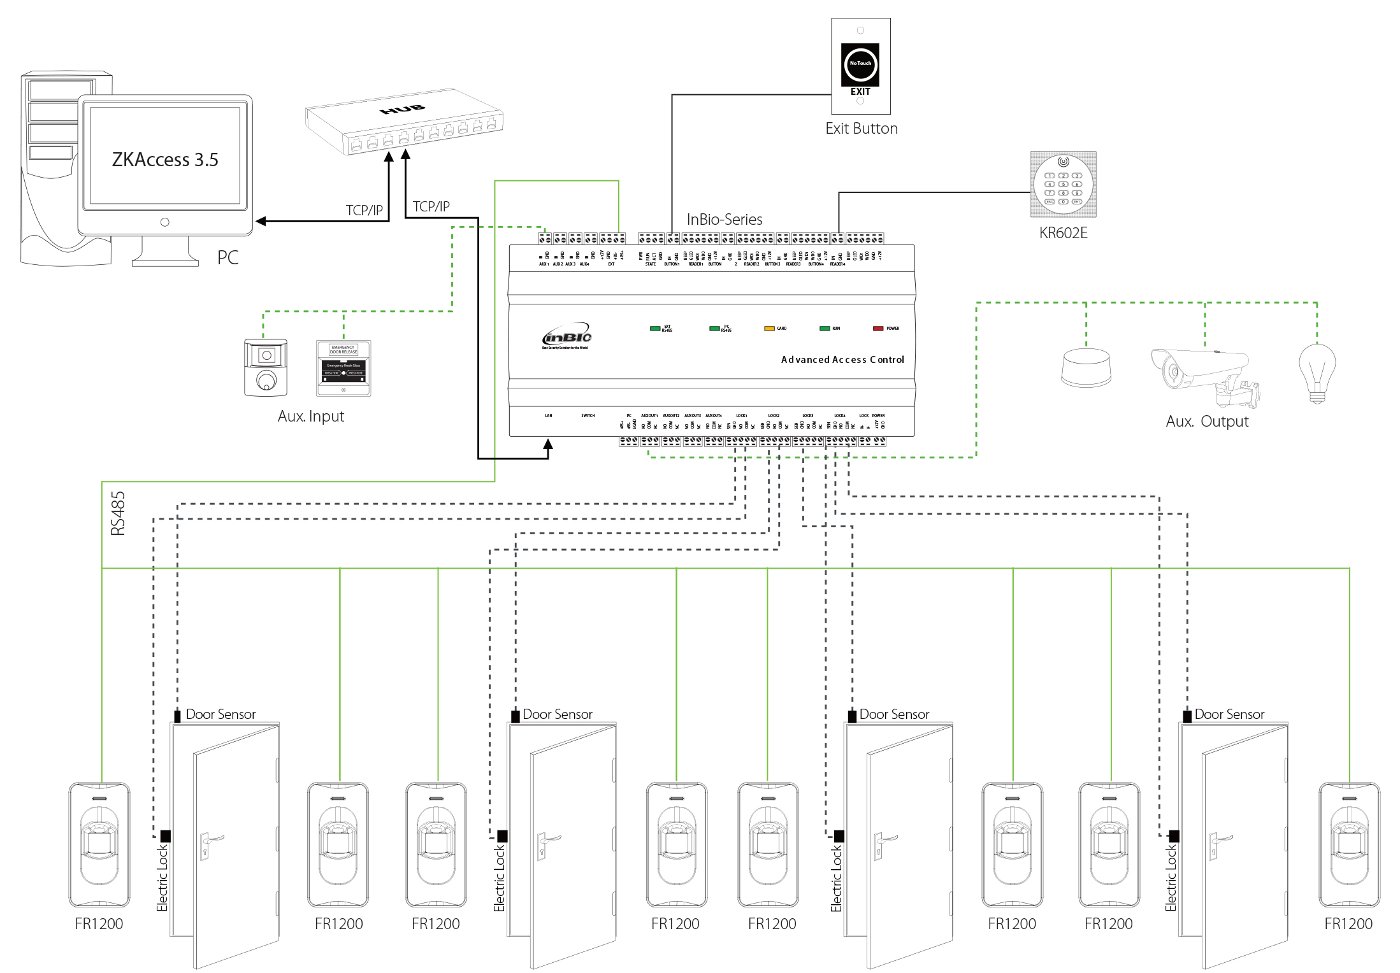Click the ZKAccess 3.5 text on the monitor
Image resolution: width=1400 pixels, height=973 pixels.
point(165,159)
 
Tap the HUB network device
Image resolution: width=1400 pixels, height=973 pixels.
point(404,122)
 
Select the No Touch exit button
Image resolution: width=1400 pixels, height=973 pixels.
point(860,64)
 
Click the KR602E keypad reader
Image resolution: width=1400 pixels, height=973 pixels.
point(1063,184)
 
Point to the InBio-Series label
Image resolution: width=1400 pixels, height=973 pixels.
point(725,220)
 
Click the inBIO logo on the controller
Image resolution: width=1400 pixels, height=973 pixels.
point(566,337)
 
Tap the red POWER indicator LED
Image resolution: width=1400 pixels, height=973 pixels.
point(878,329)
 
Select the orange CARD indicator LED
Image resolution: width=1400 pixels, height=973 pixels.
point(769,329)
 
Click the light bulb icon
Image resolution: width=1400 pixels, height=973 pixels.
point(1317,373)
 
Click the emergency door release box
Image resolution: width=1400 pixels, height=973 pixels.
point(343,368)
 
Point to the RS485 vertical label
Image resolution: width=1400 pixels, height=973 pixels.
point(118,513)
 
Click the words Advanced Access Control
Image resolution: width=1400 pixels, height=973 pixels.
point(842,360)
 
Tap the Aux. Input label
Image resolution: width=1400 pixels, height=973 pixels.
point(311,416)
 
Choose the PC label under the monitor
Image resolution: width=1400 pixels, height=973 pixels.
point(227,258)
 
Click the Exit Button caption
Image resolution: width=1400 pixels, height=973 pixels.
point(862,129)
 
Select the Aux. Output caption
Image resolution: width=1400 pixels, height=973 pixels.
point(1207,422)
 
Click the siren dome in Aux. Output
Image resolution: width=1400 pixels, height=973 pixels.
point(1086,367)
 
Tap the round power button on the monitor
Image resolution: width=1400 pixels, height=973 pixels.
point(165,222)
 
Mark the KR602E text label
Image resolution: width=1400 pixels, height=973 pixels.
point(1063,233)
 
